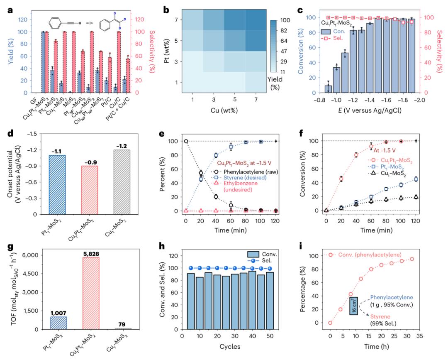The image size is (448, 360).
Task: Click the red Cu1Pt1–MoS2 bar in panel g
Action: (85, 293)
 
